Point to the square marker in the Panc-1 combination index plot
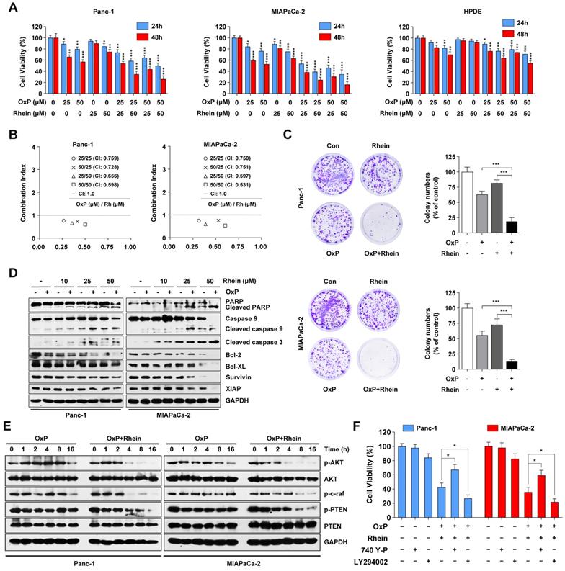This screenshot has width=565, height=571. click(x=85, y=225)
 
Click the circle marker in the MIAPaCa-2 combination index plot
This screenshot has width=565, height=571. click(x=198, y=220)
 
